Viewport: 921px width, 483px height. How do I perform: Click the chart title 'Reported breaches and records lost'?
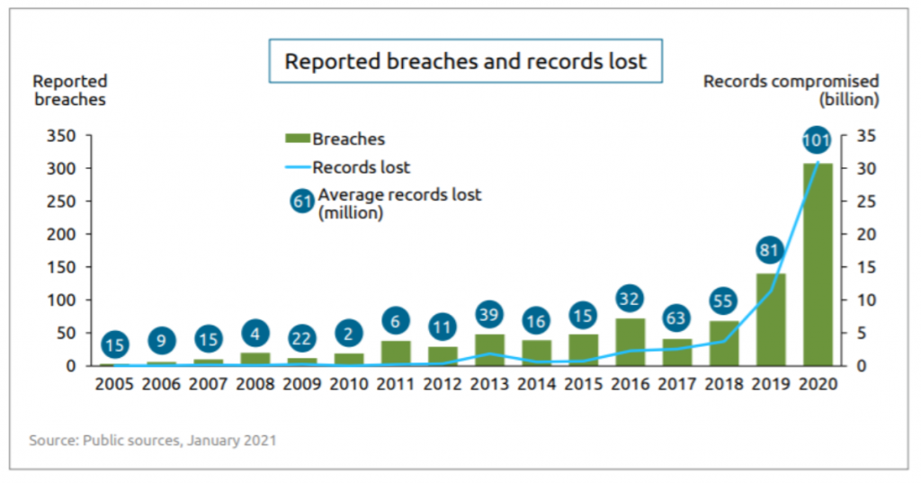click(465, 61)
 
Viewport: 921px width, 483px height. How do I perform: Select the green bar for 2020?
click(818, 265)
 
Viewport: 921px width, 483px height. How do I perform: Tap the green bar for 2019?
click(771, 319)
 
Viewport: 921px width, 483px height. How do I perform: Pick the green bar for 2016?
click(630, 342)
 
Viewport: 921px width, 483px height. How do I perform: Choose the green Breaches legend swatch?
click(297, 139)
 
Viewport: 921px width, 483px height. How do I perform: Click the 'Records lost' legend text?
click(361, 167)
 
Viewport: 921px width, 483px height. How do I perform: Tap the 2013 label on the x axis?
click(490, 384)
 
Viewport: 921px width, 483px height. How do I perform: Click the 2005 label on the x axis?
click(115, 384)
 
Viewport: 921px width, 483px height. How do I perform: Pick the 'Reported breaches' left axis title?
click(70, 91)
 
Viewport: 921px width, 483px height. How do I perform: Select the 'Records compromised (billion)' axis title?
click(791, 90)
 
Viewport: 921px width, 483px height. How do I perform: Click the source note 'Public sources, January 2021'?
click(153, 441)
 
